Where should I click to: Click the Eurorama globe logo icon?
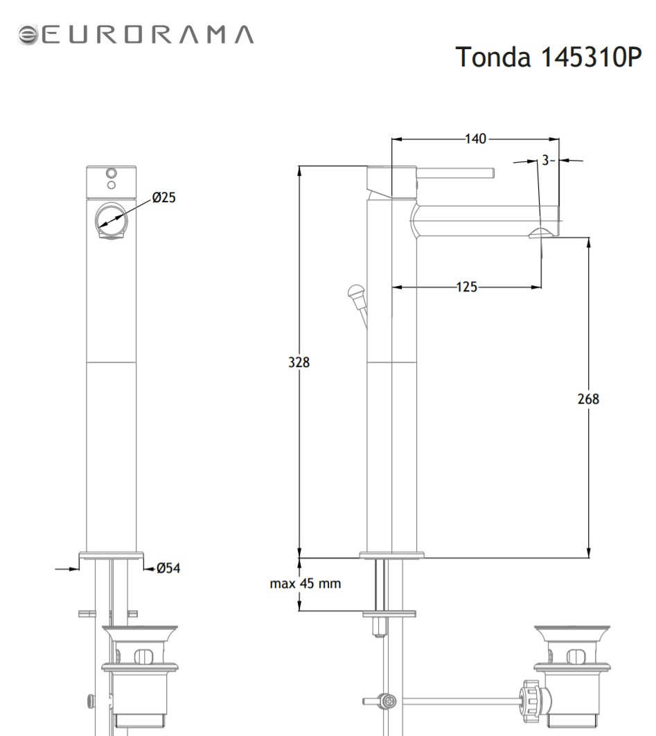pyautogui.click(x=28, y=35)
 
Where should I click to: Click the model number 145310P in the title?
pyautogui.click(x=591, y=57)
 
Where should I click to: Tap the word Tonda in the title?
pyautogui.click(x=493, y=57)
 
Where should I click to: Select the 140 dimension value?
pyautogui.click(x=475, y=139)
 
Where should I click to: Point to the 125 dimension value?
pyautogui.click(x=466, y=287)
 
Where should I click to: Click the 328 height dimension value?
pyautogui.click(x=299, y=362)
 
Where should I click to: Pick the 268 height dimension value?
pyautogui.click(x=588, y=399)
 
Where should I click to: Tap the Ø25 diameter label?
pyautogui.click(x=164, y=197)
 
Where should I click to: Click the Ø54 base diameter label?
pyautogui.click(x=168, y=568)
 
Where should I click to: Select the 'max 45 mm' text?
pyautogui.click(x=305, y=584)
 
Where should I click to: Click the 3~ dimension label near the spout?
pyautogui.click(x=548, y=160)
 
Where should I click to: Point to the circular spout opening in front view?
pyautogui.click(x=112, y=220)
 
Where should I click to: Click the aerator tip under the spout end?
pyautogui.click(x=541, y=233)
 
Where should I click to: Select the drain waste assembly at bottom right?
pyautogui.click(x=572, y=681)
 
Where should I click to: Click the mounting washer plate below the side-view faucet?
pyautogui.click(x=389, y=613)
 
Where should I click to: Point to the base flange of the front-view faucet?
pyautogui.click(x=112, y=556)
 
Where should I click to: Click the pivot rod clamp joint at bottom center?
pyautogui.click(x=389, y=701)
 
